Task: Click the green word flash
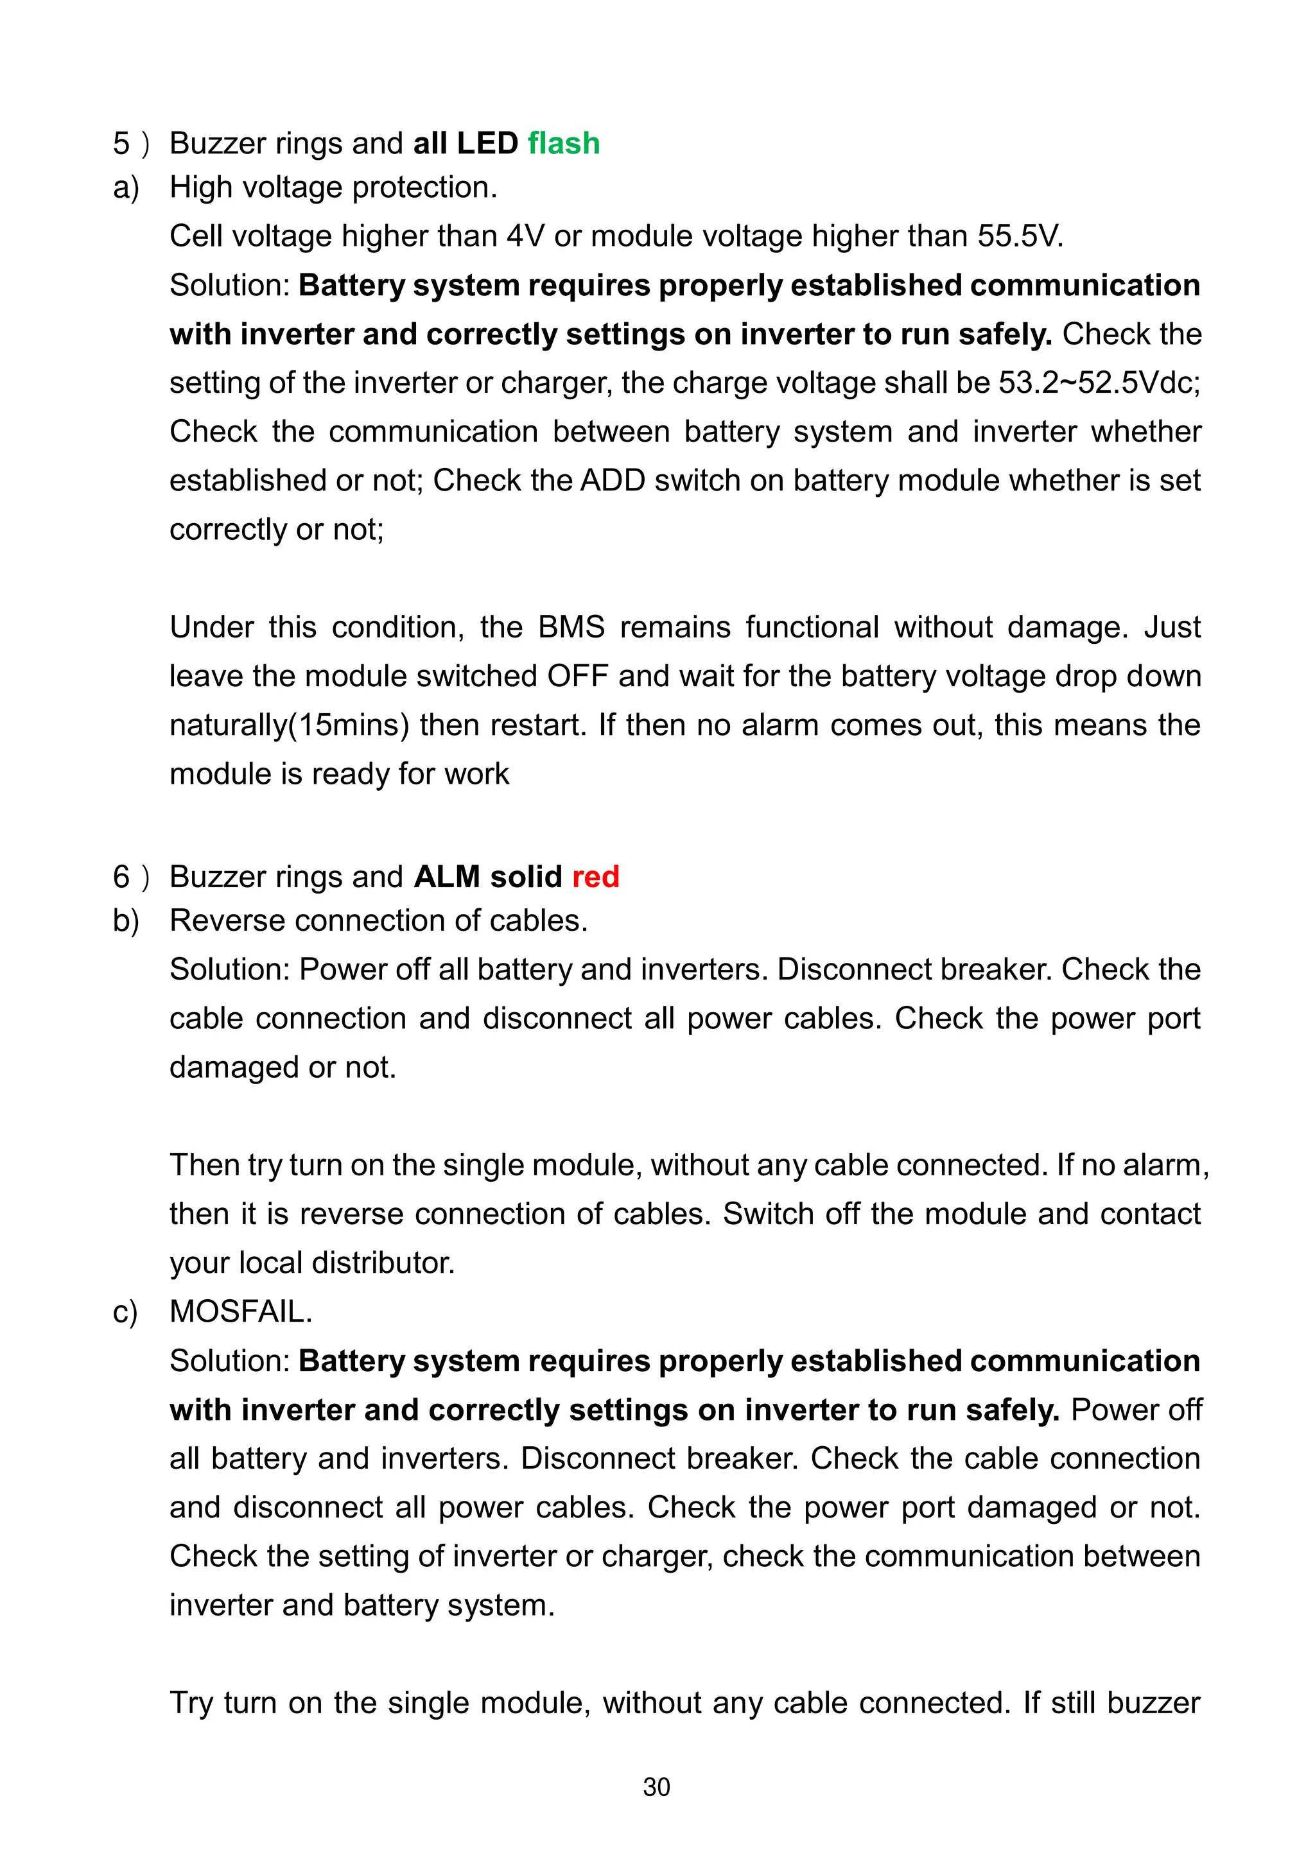[x=563, y=143]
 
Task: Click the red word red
[x=595, y=877]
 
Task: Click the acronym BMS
[x=571, y=627]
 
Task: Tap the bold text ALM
[x=446, y=877]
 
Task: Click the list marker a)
[x=126, y=187]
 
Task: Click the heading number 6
[x=121, y=877]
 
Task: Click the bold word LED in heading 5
[x=487, y=143]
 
